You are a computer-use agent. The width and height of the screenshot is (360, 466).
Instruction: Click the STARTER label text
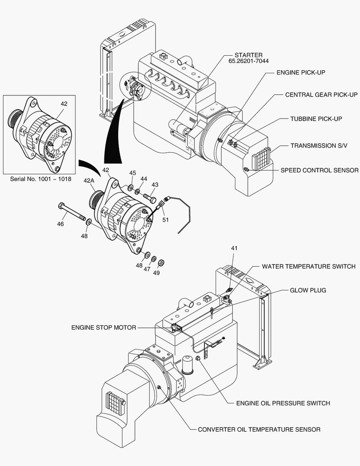(x=248, y=55)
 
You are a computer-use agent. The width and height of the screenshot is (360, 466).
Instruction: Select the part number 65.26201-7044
(x=248, y=61)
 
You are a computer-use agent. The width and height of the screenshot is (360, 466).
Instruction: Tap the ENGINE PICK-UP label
(x=301, y=72)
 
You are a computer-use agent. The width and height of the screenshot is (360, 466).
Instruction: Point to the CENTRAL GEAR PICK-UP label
(x=321, y=95)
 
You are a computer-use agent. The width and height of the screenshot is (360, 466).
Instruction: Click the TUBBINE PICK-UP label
(x=316, y=119)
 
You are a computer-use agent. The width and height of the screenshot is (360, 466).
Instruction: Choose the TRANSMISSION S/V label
(x=319, y=146)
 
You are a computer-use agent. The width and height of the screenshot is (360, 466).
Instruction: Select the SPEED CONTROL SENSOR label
(x=319, y=170)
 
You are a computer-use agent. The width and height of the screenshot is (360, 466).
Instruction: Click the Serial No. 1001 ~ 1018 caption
(x=41, y=179)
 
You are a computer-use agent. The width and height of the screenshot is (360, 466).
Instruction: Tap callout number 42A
(x=89, y=181)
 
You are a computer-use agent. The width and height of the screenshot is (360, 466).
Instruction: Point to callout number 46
(x=60, y=224)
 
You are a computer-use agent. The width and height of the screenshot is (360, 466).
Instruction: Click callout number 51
(x=166, y=220)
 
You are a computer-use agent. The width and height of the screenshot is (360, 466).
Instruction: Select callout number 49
(x=156, y=272)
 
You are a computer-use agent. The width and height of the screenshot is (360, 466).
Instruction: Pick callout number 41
(x=235, y=248)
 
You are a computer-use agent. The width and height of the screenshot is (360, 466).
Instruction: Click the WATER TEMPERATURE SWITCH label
(x=309, y=266)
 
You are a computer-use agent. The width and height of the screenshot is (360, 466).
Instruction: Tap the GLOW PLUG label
(x=308, y=290)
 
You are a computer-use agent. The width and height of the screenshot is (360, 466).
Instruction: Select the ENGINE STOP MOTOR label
(x=103, y=327)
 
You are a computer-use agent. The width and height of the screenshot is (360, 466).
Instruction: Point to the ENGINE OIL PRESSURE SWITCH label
(x=283, y=403)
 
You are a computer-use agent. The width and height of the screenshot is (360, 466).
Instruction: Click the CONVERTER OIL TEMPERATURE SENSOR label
(x=259, y=429)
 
